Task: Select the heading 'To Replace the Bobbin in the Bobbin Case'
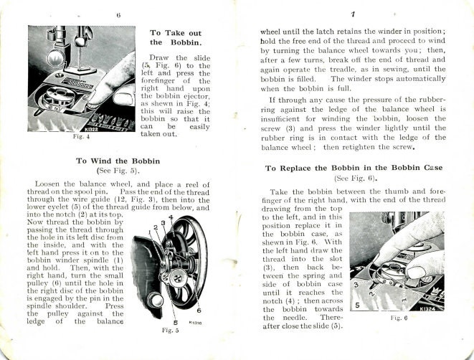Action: click(x=354, y=168)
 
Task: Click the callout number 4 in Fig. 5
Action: click(x=171, y=218)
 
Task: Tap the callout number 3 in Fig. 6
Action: click(x=356, y=285)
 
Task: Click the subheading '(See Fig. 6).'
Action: click(x=354, y=179)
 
